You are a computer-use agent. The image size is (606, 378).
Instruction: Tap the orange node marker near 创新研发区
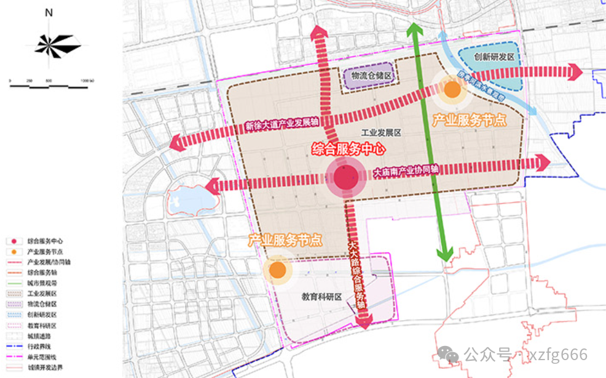[452, 90]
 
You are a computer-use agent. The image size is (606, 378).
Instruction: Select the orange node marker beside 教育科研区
[277, 270]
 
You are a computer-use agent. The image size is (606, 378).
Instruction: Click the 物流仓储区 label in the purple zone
[371, 76]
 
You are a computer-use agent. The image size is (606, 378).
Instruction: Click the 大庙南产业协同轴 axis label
[405, 171]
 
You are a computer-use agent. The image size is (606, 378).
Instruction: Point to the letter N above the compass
[49, 12]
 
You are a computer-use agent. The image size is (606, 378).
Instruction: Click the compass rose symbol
[50, 45]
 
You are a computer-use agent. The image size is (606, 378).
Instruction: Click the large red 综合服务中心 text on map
[348, 150]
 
